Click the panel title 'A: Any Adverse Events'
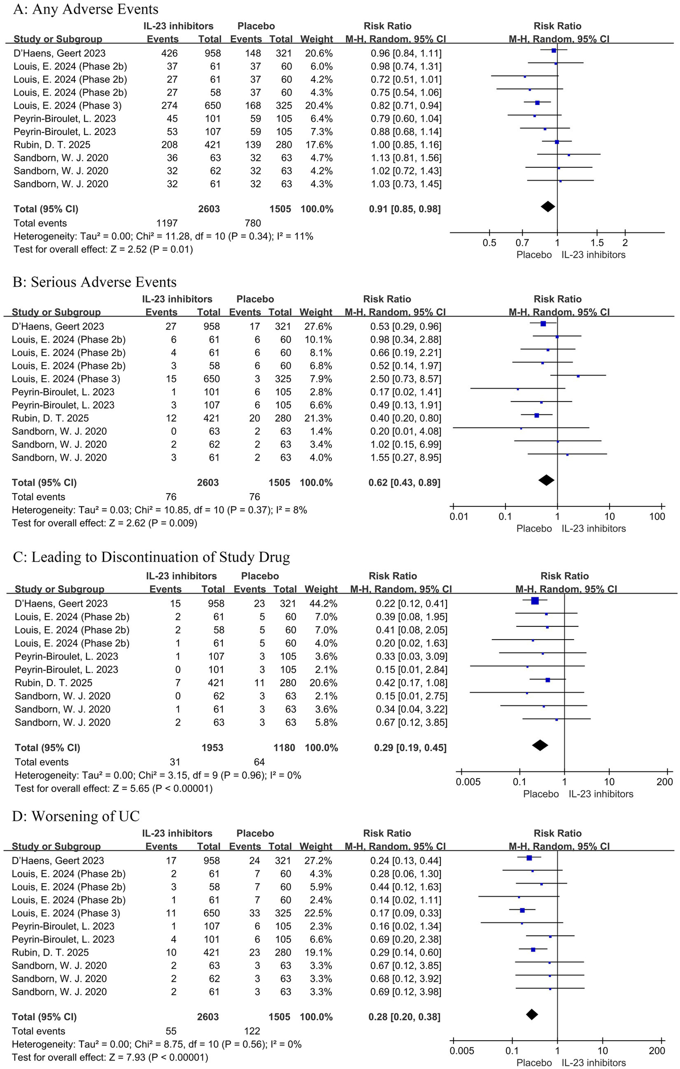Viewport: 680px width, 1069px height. [x=86, y=9]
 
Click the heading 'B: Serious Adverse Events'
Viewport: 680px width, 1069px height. [x=95, y=282]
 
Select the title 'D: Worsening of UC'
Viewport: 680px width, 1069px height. [x=76, y=816]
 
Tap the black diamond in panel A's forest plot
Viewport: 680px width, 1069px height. [x=548, y=206]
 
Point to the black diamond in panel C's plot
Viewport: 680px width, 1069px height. [x=540, y=745]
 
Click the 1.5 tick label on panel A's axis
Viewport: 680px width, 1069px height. [x=597, y=243]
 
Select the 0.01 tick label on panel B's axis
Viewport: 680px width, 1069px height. [x=459, y=516]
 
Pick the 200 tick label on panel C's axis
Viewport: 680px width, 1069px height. [x=664, y=782]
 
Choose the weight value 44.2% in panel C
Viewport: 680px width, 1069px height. [x=321, y=603]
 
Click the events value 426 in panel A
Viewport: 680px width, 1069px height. [x=169, y=53]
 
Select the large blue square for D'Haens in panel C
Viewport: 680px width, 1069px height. [x=535, y=601]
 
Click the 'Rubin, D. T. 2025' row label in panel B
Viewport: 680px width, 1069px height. [x=50, y=418]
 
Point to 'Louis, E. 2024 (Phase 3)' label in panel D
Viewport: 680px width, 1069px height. [x=66, y=913]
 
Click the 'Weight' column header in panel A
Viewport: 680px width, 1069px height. [x=316, y=39]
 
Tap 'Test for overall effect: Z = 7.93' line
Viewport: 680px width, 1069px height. [x=110, y=1057]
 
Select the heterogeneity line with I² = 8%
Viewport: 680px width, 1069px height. [x=159, y=510]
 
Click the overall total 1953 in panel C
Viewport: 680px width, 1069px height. [x=212, y=748]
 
